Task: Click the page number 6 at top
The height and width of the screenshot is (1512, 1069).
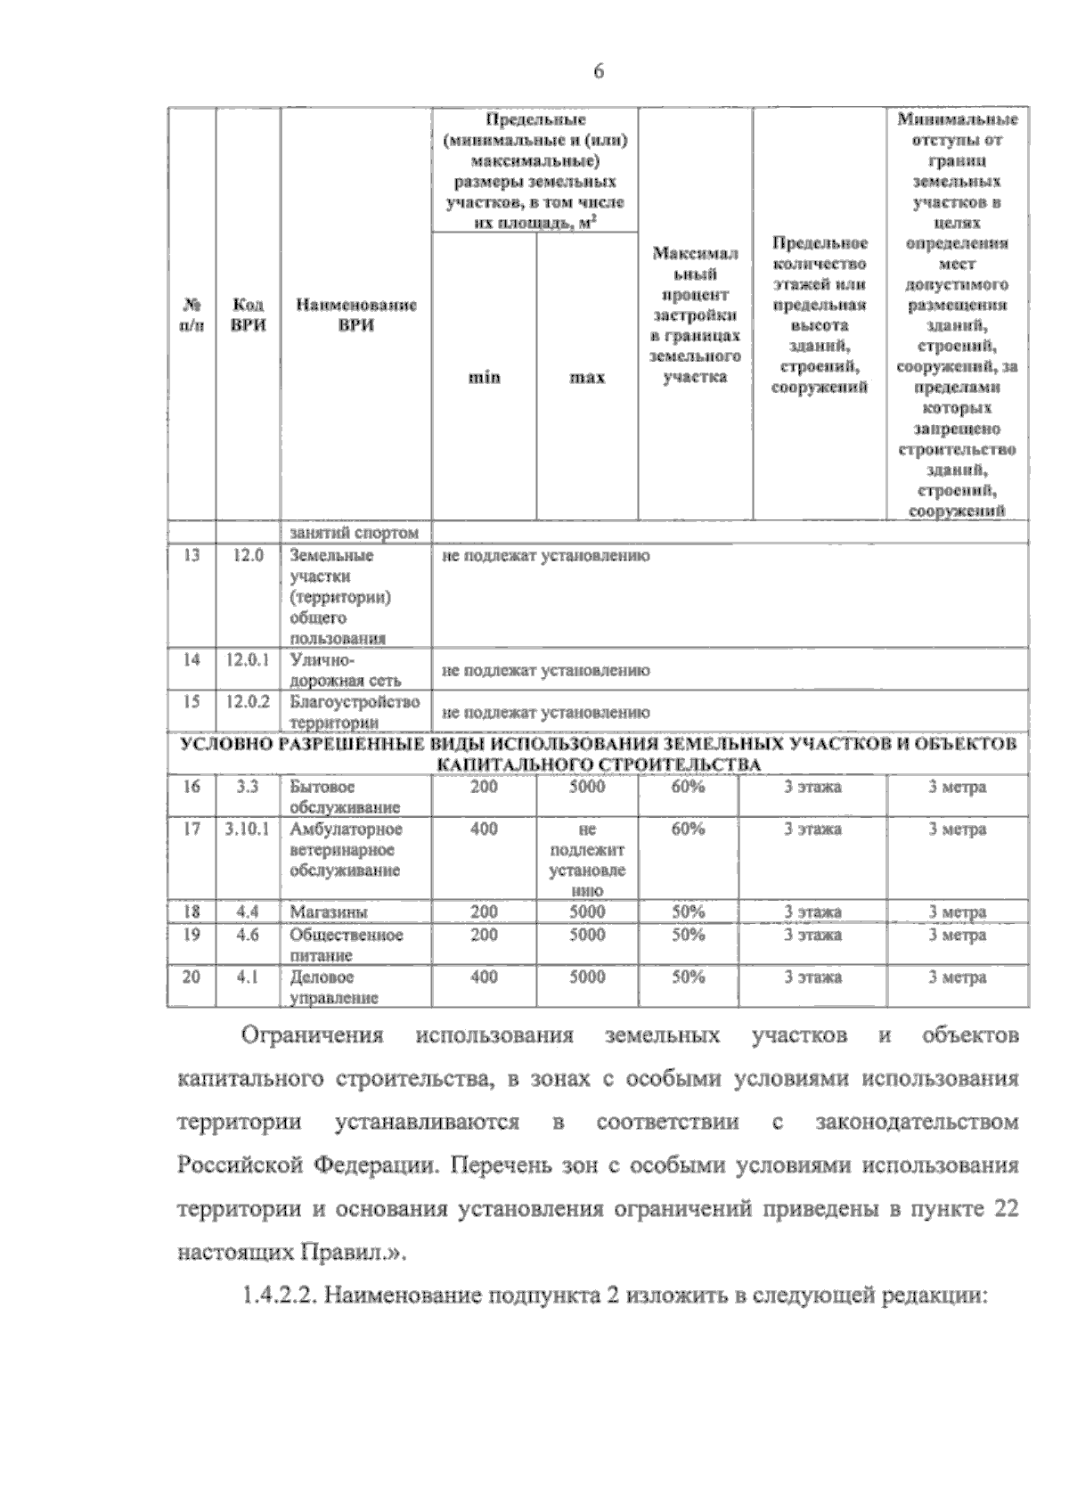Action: pyautogui.click(x=598, y=72)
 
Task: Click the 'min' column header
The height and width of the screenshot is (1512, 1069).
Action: pyautogui.click(x=484, y=378)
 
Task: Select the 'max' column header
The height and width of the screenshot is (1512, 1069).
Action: pyautogui.click(x=587, y=378)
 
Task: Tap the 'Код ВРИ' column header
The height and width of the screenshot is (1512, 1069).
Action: pyautogui.click(x=248, y=315)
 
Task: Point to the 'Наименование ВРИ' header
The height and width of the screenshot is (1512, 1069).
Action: pyautogui.click(x=355, y=315)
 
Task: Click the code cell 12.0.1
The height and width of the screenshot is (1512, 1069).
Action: pyautogui.click(x=248, y=660)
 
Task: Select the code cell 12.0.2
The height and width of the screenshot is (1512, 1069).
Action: pyautogui.click(x=248, y=702)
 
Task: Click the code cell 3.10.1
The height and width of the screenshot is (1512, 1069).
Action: pyautogui.click(x=248, y=830)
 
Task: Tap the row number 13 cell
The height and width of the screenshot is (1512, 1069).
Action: pyautogui.click(x=191, y=556)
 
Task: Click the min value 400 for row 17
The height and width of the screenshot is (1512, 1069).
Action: pyautogui.click(x=484, y=830)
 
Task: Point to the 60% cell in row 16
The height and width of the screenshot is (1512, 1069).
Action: pyautogui.click(x=688, y=788)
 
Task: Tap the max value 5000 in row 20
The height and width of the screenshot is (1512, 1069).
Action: pyautogui.click(x=587, y=977)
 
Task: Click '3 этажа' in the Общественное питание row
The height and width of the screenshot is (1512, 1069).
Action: pyautogui.click(x=812, y=936)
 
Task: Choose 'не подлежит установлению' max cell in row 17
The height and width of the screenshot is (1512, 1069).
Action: pyautogui.click(x=587, y=860)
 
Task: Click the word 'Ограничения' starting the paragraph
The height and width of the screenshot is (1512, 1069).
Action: pyautogui.click(x=313, y=1036)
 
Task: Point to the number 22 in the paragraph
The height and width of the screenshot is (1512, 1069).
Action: pyautogui.click(x=1004, y=1209)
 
